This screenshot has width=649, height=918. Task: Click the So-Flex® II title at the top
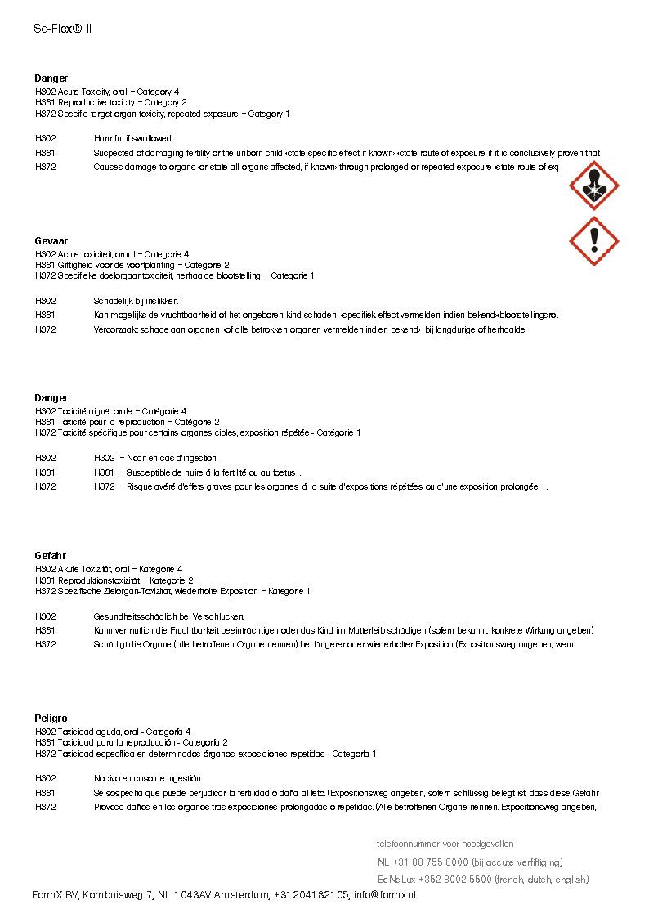click(63, 28)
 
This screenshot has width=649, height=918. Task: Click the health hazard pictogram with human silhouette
click(593, 186)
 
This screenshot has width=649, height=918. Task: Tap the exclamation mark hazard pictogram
click(593, 241)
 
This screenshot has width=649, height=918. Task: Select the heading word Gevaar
click(51, 241)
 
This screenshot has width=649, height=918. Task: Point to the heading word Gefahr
click(50, 556)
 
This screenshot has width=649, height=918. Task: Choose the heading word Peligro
click(51, 719)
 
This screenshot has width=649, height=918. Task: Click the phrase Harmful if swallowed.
click(133, 139)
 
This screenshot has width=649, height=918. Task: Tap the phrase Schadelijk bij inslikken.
click(136, 302)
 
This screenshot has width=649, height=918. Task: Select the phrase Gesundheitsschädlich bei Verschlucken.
click(169, 616)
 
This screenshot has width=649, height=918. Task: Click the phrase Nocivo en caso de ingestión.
click(148, 779)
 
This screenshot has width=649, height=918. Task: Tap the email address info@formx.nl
click(385, 896)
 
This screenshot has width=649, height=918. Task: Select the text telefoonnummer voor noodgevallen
click(445, 844)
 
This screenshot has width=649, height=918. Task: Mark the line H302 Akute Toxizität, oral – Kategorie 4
click(109, 569)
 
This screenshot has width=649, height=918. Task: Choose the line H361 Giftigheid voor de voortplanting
click(132, 265)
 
